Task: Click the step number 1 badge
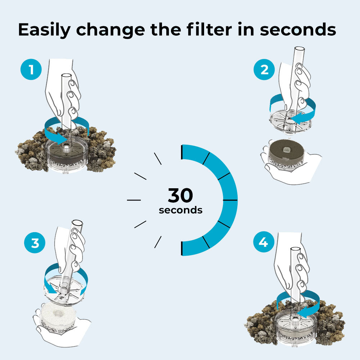coord(31,69)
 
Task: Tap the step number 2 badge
coord(264,69)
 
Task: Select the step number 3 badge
coord(35,242)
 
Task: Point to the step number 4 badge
coord(264,242)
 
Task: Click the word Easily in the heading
coord(44,30)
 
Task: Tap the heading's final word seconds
coord(298,30)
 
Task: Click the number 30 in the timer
coord(180,195)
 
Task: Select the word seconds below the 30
coord(181,210)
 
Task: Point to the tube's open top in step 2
coord(300,49)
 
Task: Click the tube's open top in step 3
coord(77,222)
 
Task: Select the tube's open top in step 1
coord(67,76)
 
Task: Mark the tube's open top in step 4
coord(296,249)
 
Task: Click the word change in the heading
coord(111,30)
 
